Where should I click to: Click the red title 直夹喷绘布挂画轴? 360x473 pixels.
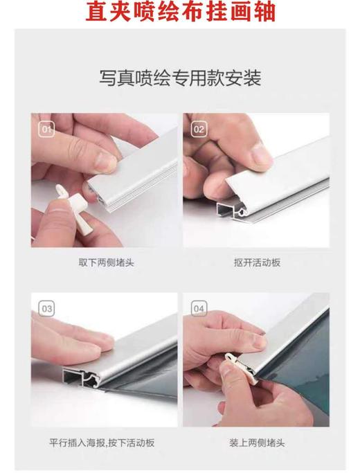180,12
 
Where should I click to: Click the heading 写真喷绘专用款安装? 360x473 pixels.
179,78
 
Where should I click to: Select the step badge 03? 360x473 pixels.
47,308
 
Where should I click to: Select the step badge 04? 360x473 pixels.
199,308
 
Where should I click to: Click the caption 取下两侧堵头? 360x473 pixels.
105,262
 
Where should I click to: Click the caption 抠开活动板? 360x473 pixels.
257,262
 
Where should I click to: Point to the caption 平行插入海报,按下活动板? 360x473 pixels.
105,441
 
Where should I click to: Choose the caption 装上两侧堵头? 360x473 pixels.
257,441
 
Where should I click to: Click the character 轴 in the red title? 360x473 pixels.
262,12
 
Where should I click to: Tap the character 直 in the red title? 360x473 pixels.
98,12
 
